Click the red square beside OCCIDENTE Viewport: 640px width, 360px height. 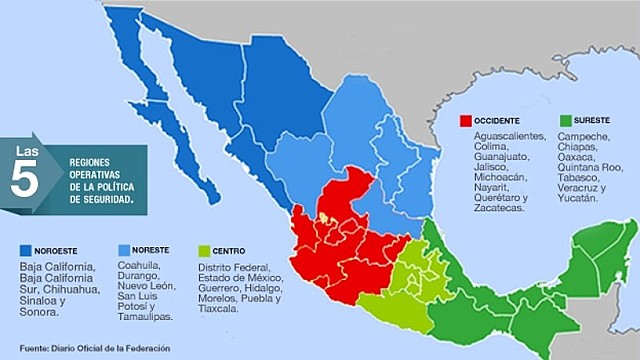pyautogui.click(x=465, y=121)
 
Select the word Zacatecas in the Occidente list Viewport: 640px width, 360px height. pyautogui.click(x=490, y=209)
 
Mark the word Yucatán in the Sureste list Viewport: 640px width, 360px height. pyautogui.click(x=576, y=198)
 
